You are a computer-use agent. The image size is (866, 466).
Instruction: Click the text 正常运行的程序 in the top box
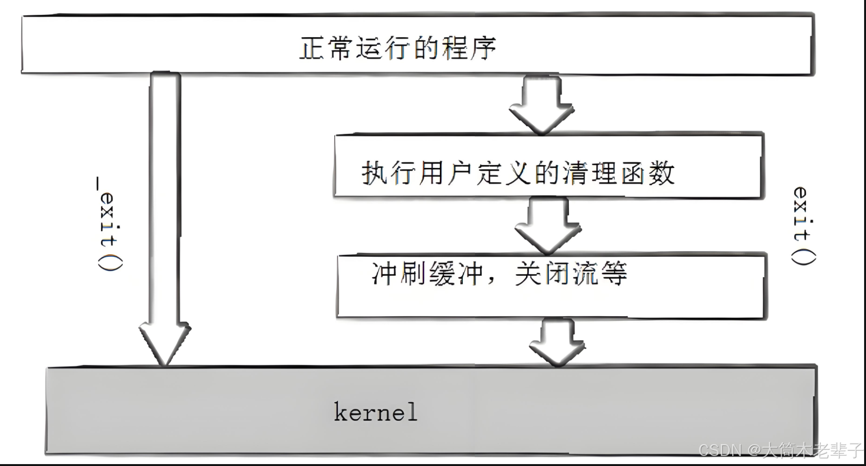pos(398,48)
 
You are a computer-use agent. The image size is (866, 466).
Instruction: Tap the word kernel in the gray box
pos(376,412)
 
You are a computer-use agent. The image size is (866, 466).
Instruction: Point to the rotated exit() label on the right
pos(803,225)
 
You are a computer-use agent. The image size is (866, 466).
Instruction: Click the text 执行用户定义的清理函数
pos(518,173)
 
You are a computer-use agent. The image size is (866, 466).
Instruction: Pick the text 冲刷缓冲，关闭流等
pos(499,273)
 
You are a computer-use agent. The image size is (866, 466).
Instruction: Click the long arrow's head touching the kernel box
pos(165,345)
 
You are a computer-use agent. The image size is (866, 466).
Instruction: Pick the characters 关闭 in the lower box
pos(542,273)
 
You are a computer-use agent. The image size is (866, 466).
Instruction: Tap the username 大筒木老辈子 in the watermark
pos(813,450)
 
